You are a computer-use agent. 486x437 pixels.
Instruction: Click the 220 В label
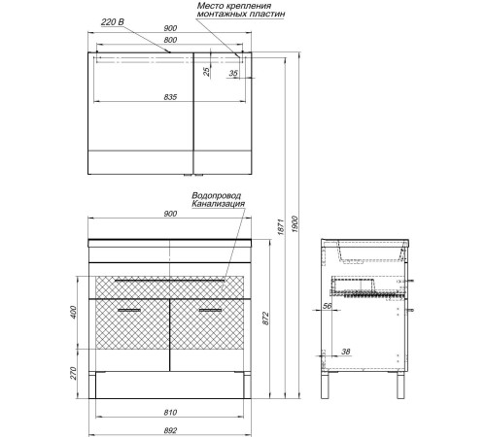(x=113, y=22)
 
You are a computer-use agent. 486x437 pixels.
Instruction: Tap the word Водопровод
(x=217, y=195)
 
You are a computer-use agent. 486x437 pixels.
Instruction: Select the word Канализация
(x=218, y=204)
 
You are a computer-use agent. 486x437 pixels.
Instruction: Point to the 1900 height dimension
(x=295, y=224)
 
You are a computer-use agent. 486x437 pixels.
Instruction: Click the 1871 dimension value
(x=281, y=227)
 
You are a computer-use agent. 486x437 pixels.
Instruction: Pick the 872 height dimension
(x=265, y=319)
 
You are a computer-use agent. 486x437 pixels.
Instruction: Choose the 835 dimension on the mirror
(x=170, y=97)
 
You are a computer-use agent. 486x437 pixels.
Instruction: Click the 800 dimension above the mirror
(x=170, y=40)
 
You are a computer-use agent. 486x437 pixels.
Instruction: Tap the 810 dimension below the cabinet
(x=170, y=413)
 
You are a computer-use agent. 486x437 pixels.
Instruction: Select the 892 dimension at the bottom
(x=170, y=430)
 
